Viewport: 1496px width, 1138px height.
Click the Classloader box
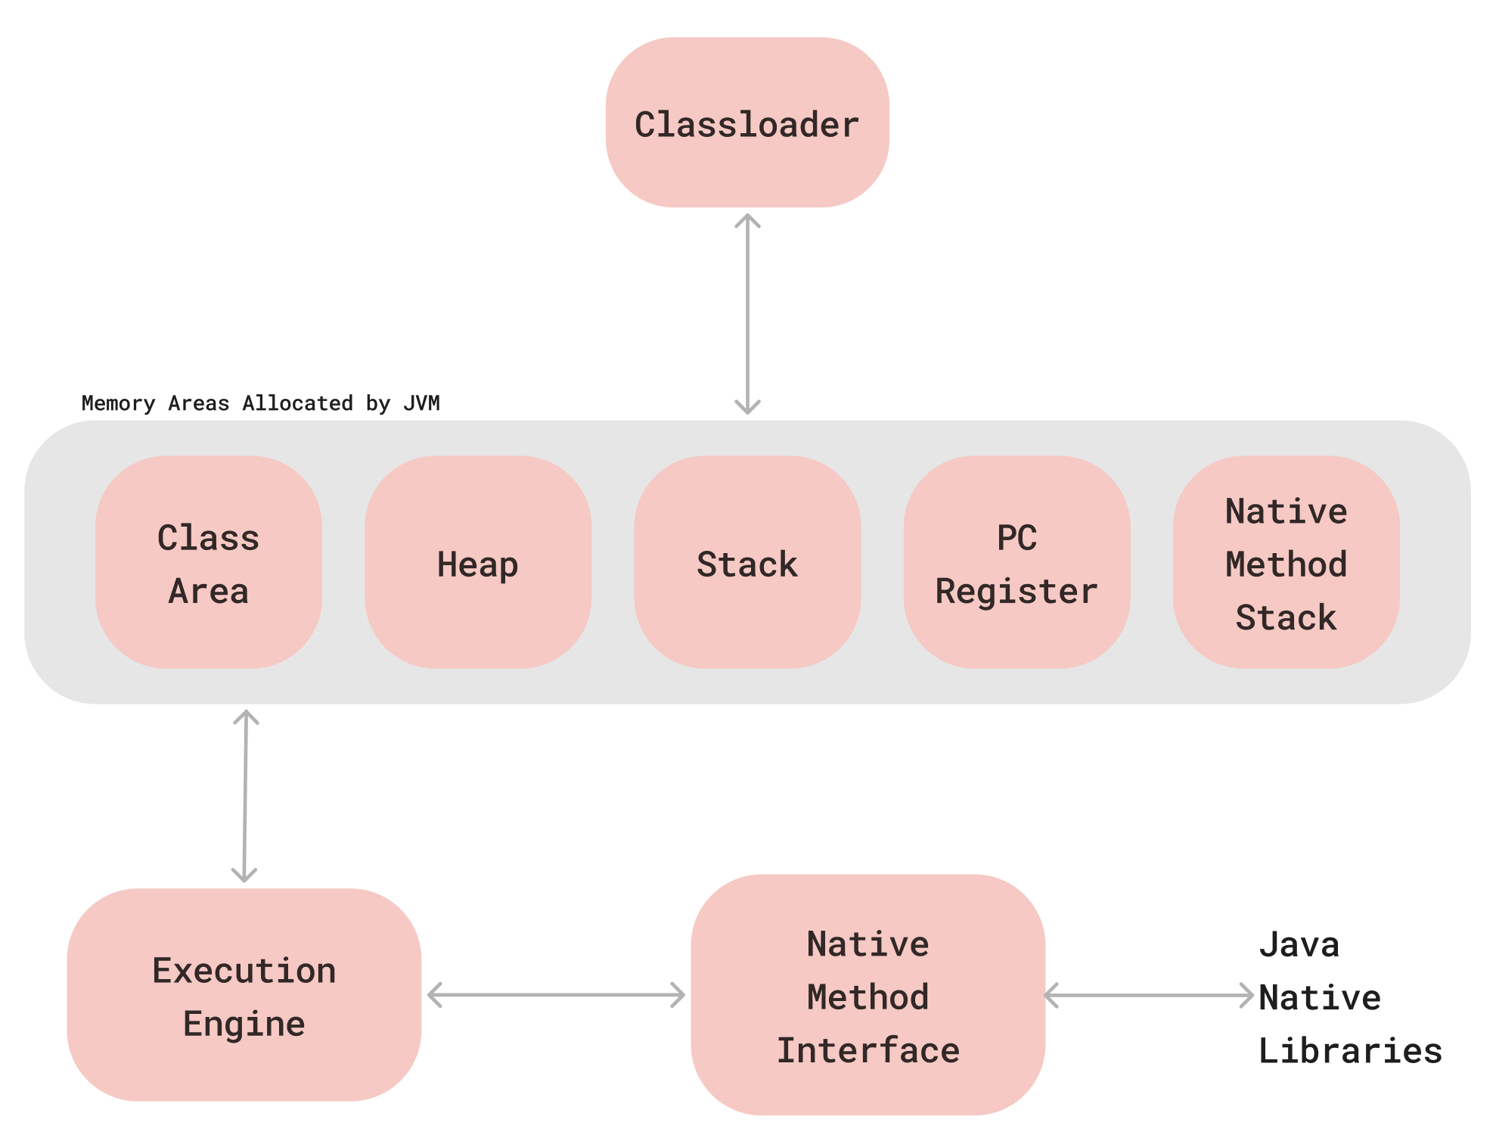pyautogui.click(x=746, y=123)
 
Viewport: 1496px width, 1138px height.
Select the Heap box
pyautogui.click(x=477, y=563)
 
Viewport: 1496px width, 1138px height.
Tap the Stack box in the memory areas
pyautogui.click(x=746, y=563)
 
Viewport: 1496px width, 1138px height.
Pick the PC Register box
pyautogui.click(x=1016, y=563)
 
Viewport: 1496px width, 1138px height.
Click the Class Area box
pyautogui.click(x=208, y=563)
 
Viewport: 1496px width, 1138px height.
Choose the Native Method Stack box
pyautogui.click(x=1286, y=563)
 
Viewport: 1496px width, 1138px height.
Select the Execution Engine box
pyautogui.click(x=244, y=995)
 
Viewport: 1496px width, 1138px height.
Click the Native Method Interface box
pyautogui.click(x=867, y=995)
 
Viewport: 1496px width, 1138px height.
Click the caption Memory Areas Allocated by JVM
pyautogui.click(x=260, y=403)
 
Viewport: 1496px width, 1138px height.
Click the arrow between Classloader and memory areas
pyautogui.click(x=747, y=314)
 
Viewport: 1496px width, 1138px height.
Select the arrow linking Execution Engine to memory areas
pyautogui.click(x=245, y=796)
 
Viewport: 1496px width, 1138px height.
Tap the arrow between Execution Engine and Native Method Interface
pyautogui.click(x=556, y=995)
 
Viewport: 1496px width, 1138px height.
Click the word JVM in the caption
pyautogui.click(x=421, y=403)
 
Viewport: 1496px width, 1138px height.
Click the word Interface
pyautogui.click(x=867, y=1050)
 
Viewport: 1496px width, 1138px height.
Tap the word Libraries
pyautogui.click(x=1349, y=1050)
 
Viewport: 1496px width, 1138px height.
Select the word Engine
pyautogui.click(x=244, y=1024)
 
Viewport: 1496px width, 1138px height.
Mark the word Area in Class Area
pyautogui.click(x=208, y=591)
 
